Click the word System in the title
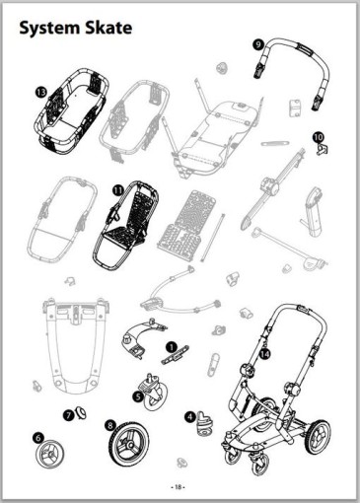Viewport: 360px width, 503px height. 50,29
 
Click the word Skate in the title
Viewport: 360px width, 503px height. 108,28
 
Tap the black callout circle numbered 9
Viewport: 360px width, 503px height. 259,44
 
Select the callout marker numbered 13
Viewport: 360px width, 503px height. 41,93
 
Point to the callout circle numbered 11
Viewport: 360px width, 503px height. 117,190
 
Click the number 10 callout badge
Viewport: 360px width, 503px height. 318,137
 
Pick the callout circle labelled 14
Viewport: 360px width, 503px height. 264,354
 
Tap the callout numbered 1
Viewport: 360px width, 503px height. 172,346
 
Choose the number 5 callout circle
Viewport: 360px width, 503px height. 138,396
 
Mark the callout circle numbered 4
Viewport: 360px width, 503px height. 190,417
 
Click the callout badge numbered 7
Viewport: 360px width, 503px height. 68,415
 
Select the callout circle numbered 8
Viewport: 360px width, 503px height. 110,425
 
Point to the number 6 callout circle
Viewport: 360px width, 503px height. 38,438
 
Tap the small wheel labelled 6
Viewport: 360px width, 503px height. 50,453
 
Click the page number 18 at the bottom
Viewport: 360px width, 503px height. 178,487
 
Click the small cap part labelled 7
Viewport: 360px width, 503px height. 81,412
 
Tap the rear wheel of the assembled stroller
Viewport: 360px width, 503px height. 319,436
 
